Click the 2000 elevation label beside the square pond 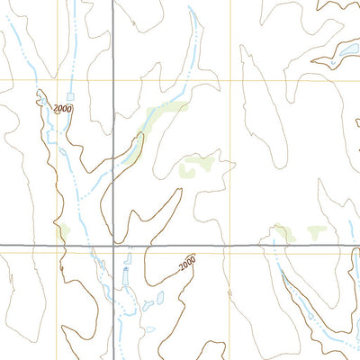[x=62, y=109]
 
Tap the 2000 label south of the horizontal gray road [x=186, y=264]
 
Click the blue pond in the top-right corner [x=344, y=52]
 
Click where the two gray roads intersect [x=112, y=245]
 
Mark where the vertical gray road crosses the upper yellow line [x=112, y=81]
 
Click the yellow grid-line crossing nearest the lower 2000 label [x=230, y=253]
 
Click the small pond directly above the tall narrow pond [x=127, y=257]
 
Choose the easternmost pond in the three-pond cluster [x=159, y=297]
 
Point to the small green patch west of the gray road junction [x=64, y=233]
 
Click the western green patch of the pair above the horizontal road [x=284, y=234]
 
